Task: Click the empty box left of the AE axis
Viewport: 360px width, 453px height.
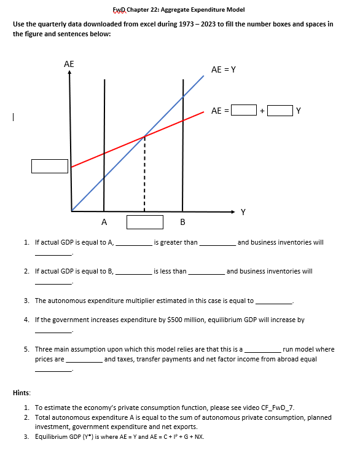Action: pos(50,166)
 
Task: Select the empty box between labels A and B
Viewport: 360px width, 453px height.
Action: pos(145,221)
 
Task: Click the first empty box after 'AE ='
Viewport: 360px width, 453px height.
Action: pos(243,111)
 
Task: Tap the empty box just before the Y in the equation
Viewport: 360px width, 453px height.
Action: pos(280,111)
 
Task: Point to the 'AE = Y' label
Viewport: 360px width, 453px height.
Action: pos(224,70)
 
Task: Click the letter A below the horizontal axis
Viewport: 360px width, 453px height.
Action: pos(104,221)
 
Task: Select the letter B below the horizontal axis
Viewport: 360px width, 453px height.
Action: pos(182,221)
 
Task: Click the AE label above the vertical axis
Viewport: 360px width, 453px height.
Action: pos(69,64)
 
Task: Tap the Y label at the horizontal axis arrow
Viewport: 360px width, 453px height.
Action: pos(243,213)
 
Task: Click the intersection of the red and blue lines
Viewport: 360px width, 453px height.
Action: pos(145,136)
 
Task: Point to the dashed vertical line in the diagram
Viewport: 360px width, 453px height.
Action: pos(145,175)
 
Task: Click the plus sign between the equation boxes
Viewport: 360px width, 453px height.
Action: pos(262,111)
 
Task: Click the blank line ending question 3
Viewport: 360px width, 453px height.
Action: pos(274,301)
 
